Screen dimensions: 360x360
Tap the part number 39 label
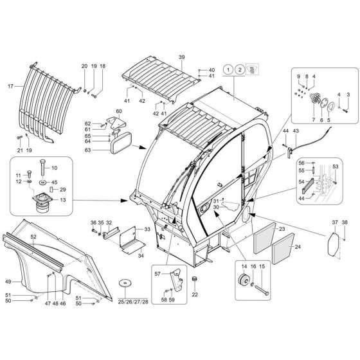click(x=182, y=57)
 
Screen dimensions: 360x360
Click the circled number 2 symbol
click(x=240, y=69)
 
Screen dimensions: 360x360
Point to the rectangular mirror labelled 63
click(x=121, y=145)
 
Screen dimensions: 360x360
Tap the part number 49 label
click(x=8, y=281)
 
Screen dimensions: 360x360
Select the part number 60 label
click(x=118, y=111)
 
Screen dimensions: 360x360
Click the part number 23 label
click(x=281, y=228)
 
